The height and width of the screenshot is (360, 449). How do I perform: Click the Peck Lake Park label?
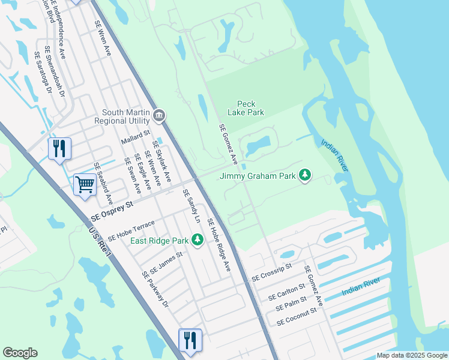tap(246, 108)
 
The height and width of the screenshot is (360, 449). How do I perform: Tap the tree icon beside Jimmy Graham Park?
tap(306, 175)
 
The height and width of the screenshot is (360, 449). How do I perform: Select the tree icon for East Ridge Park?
tap(197, 241)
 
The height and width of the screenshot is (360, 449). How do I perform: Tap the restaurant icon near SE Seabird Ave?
tap(59, 148)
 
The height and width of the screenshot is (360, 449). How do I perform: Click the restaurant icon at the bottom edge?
tap(190, 340)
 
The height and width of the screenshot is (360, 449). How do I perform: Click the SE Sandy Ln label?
tap(191, 206)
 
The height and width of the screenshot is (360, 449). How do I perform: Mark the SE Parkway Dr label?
tap(155, 290)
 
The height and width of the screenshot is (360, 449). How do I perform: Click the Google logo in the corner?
tap(20, 353)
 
